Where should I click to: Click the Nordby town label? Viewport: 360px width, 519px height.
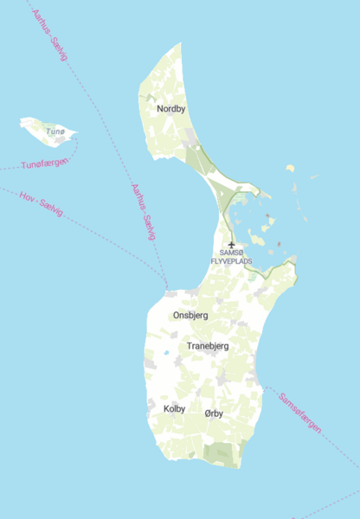(171, 109)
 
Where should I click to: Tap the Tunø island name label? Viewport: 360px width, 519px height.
(55, 131)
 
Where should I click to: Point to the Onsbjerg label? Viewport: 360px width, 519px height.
(190, 316)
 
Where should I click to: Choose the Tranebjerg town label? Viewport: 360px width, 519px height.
(208, 346)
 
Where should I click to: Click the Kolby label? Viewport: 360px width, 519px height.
(174, 408)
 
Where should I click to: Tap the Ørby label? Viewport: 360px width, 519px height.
(214, 413)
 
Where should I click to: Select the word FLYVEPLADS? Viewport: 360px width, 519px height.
(232, 259)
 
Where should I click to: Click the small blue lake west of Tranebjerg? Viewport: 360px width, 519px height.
(166, 353)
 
